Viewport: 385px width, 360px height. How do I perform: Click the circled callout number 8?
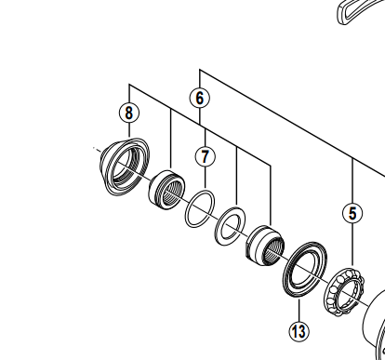pyautogui.click(x=129, y=113)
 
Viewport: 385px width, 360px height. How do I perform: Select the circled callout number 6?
pyautogui.click(x=200, y=98)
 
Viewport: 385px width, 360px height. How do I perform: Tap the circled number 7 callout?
pyautogui.click(x=206, y=156)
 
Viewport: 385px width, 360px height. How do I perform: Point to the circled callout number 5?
pyautogui.click(x=352, y=213)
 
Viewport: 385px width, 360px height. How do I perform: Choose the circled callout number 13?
pyautogui.click(x=299, y=331)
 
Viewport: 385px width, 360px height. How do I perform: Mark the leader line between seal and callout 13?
pyautogui.click(x=299, y=311)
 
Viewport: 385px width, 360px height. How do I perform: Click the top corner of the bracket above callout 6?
pyautogui.click(x=200, y=70)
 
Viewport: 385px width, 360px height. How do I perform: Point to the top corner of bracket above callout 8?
pyautogui.click(x=129, y=84)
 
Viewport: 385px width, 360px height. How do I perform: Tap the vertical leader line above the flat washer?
pyautogui.click(x=237, y=178)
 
